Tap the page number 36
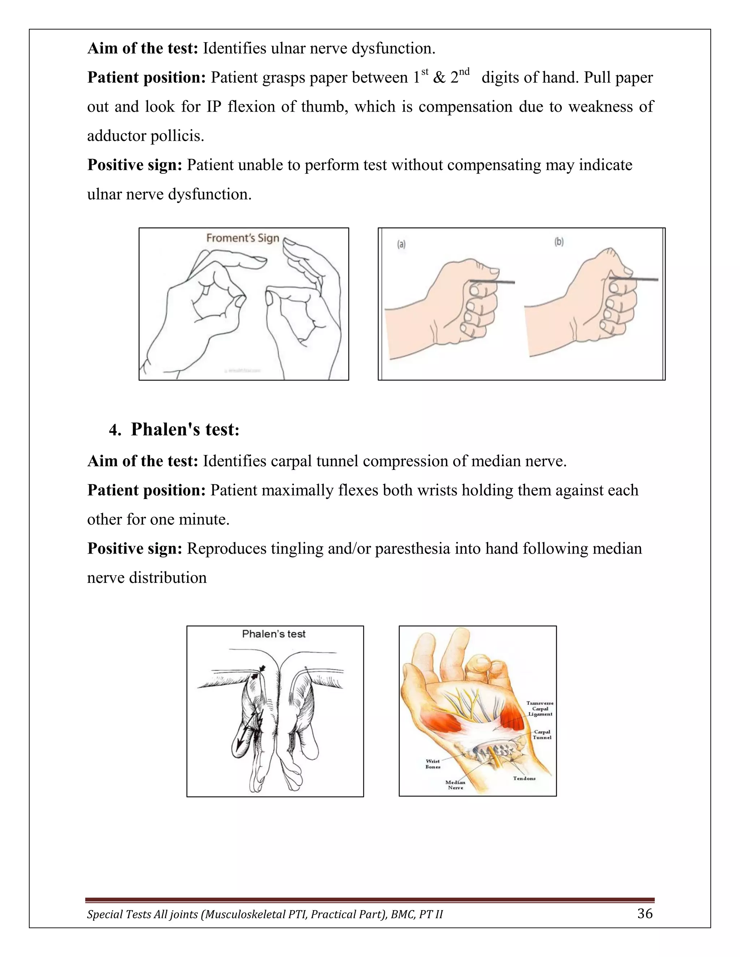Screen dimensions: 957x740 point(645,914)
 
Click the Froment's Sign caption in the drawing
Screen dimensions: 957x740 point(242,238)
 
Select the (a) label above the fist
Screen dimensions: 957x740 point(401,244)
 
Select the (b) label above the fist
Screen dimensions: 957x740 point(559,242)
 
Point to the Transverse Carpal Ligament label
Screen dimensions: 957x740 point(540,709)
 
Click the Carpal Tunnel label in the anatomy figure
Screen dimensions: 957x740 point(542,735)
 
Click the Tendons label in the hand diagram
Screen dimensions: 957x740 point(524,778)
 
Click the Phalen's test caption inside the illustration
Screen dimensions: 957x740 point(274,634)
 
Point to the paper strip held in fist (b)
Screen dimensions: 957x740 point(635,279)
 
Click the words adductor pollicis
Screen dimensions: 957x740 point(145,136)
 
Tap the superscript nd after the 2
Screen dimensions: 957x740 point(464,72)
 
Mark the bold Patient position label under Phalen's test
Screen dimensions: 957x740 point(146,490)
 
